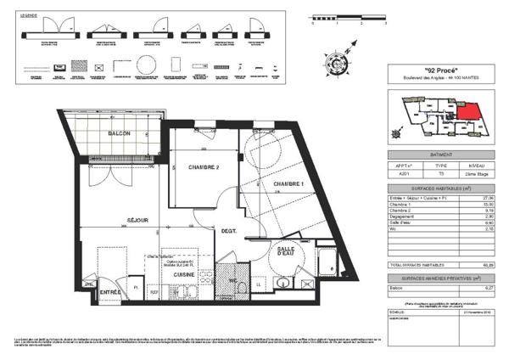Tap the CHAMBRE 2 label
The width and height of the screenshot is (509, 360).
coord(204,167)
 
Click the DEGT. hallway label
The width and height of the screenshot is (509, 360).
coord(229,231)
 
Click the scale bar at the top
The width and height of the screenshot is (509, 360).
coord(348,16)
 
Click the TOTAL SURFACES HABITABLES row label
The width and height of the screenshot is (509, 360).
coord(414,266)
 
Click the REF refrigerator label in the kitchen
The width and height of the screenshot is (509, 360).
coord(154,291)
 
